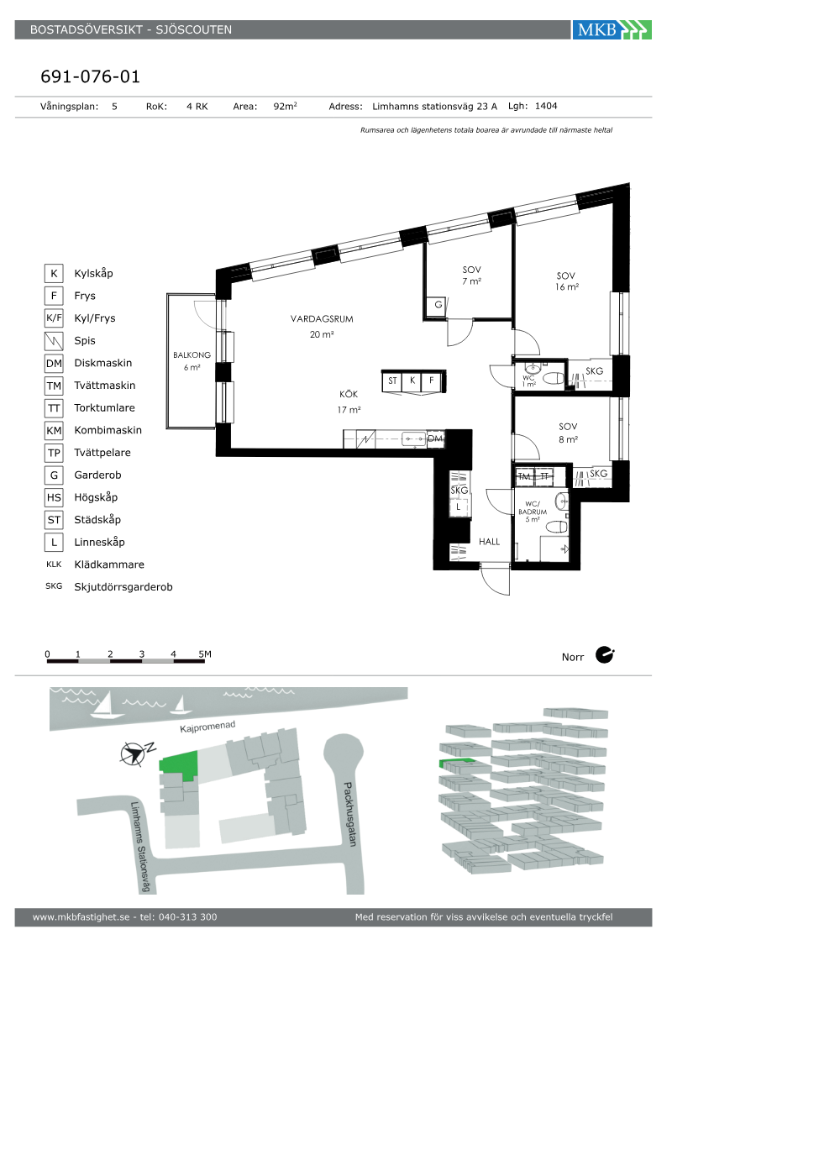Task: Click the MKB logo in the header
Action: click(x=612, y=29)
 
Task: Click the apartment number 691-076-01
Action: click(x=91, y=76)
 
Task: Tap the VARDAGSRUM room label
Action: click(x=322, y=318)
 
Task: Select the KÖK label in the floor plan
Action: click(x=349, y=394)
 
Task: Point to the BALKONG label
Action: click(x=192, y=354)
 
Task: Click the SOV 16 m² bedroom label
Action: click(x=566, y=281)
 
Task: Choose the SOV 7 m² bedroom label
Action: click(x=471, y=276)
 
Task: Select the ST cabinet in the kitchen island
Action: click(x=392, y=381)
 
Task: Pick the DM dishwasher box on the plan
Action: click(x=435, y=438)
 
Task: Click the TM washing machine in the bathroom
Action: click(x=524, y=477)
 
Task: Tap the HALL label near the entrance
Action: click(x=489, y=542)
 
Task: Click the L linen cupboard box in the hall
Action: click(x=459, y=507)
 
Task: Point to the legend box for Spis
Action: click(x=54, y=341)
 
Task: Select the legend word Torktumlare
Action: click(x=104, y=408)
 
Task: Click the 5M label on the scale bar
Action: click(x=205, y=654)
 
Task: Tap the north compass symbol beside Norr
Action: click(x=605, y=655)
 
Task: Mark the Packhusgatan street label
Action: click(x=350, y=814)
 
